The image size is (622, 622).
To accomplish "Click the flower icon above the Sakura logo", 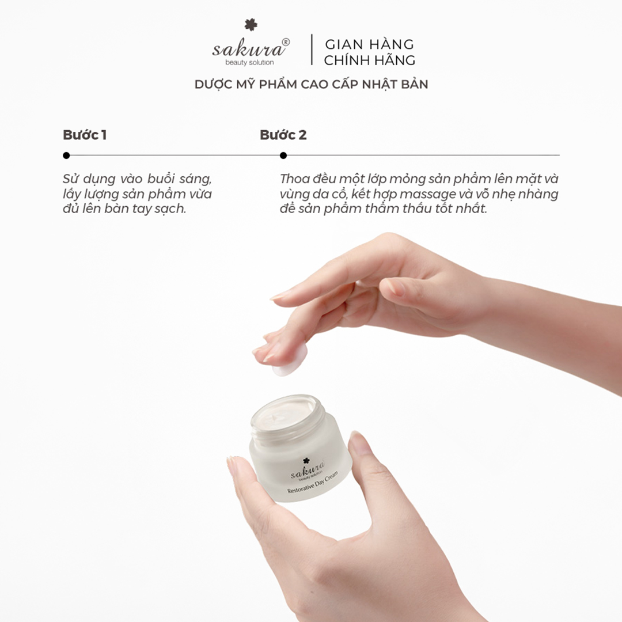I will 251,25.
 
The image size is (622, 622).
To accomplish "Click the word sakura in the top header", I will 246,48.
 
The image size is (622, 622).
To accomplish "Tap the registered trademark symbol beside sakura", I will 286,42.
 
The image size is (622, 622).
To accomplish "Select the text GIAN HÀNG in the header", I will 369,44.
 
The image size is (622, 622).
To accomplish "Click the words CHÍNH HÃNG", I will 369,60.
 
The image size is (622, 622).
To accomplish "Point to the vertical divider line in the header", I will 312,50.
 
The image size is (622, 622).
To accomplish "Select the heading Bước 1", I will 84,135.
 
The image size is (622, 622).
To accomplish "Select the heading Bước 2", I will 283,135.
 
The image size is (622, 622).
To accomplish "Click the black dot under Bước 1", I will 66,155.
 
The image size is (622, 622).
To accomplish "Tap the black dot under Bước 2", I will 283,155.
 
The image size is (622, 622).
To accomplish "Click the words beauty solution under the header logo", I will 249,62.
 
